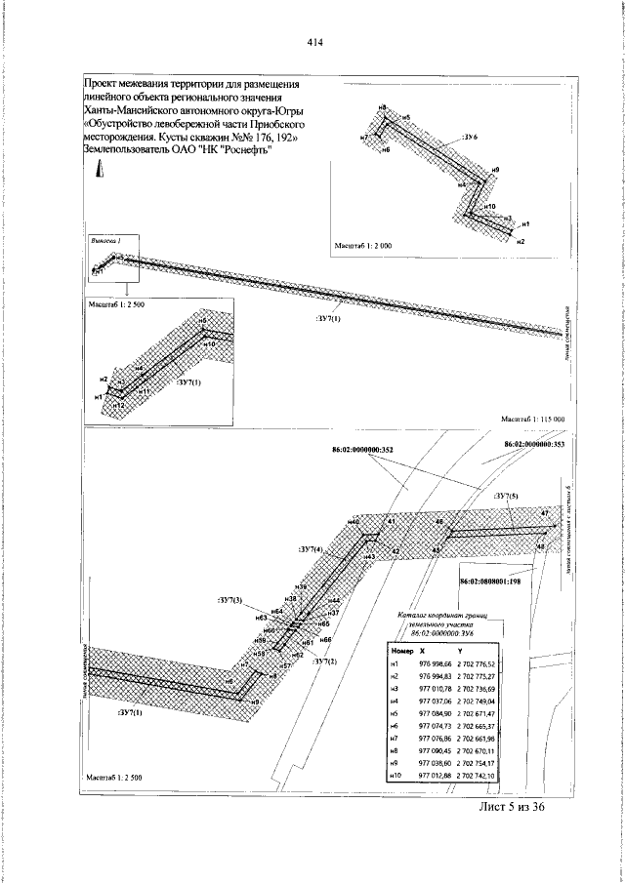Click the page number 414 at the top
point(314,42)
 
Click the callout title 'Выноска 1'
point(104,240)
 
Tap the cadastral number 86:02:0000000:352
point(359,450)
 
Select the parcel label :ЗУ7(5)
point(507,497)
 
